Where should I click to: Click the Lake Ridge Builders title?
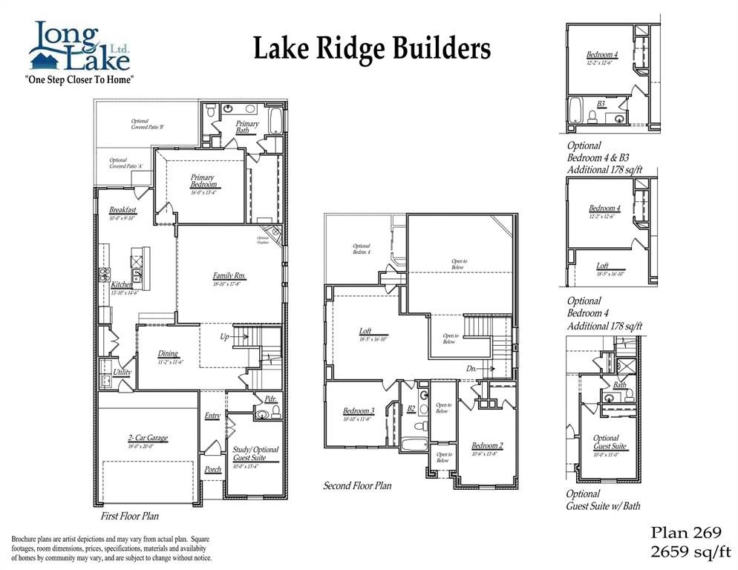[x=372, y=49]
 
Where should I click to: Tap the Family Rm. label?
[x=229, y=276]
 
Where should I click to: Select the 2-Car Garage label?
[x=147, y=438]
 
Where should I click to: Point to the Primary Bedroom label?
[x=202, y=181]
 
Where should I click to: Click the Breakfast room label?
[x=123, y=210]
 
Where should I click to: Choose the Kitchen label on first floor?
[x=123, y=285]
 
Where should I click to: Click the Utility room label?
[x=123, y=372]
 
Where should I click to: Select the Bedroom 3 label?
[x=359, y=411]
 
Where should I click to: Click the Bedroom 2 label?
[x=487, y=445]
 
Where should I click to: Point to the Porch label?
[x=212, y=469]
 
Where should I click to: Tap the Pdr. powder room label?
[x=270, y=399]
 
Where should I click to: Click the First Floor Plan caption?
[x=130, y=515]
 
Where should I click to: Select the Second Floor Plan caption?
[x=357, y=485]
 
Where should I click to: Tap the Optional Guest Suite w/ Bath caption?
[x=603, y=499]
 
